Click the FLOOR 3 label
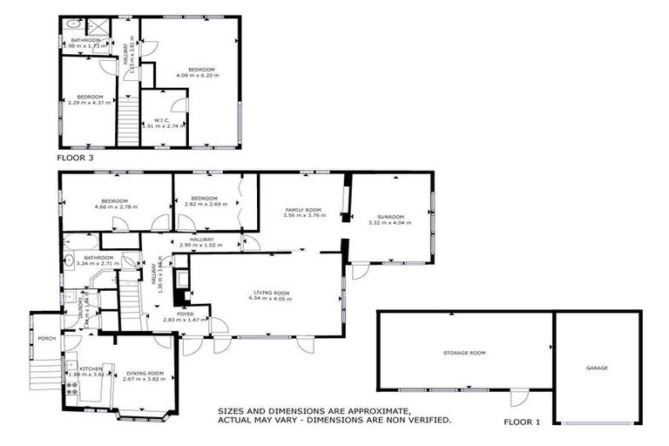[75, 159]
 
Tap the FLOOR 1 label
[522, 422]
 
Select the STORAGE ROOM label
[464, 353]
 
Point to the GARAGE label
[597, 368]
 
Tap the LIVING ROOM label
[269, 293]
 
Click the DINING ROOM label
[144, 373]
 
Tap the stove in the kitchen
[72, 389]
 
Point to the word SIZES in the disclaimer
[233, 409]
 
